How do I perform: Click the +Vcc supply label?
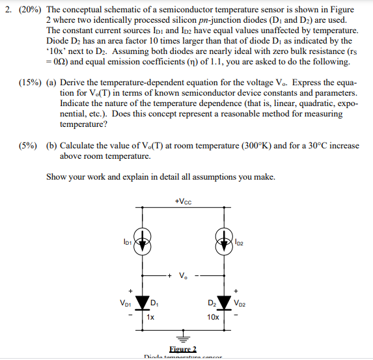(x=183, y=200)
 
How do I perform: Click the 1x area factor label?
(x=150, y=317)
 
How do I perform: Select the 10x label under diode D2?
(x=214, y=317)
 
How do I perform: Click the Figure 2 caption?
(x=182, y=350)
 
